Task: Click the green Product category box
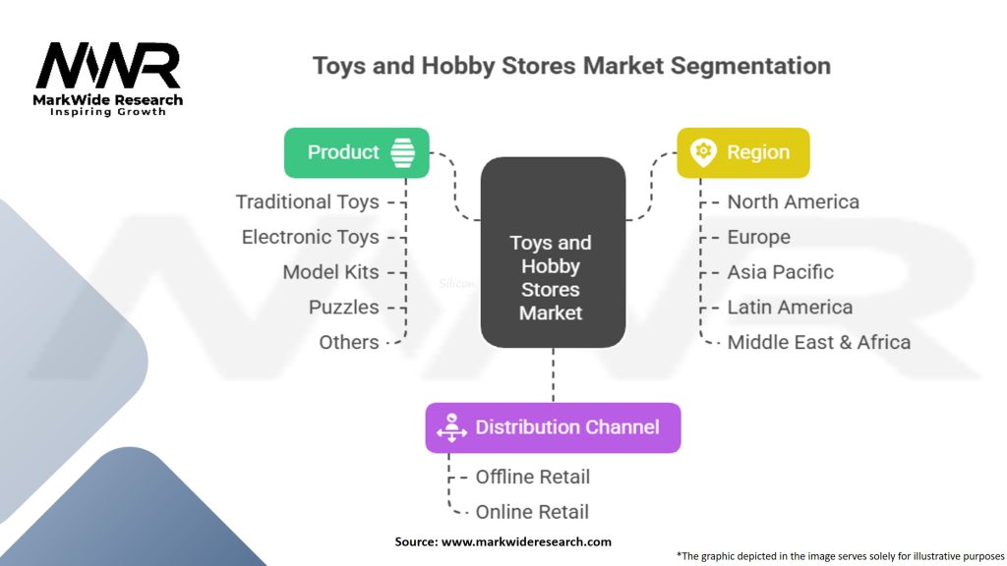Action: point(356,152)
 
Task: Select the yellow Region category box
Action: point(742,152)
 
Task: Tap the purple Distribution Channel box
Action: point(553,427)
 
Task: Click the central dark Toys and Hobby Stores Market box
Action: point(552,254)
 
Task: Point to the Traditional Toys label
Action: point(307,201)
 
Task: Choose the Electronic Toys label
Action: point(310,237)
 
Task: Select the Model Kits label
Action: point(330,272)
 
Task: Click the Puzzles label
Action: point(343,308)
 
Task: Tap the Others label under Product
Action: point(348,343)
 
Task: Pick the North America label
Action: point(793,201)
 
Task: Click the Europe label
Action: point(758,237)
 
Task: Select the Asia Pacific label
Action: point(780,272)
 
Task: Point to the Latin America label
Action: point(790,308)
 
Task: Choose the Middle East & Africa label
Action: point(818,343)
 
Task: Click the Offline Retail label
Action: point(532,477)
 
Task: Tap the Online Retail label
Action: point(532,512)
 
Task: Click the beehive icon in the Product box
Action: point(402,152)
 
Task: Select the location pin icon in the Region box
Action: point(702,152)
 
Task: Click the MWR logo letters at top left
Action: point(108,67)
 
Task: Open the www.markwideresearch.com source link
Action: point(526,541)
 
